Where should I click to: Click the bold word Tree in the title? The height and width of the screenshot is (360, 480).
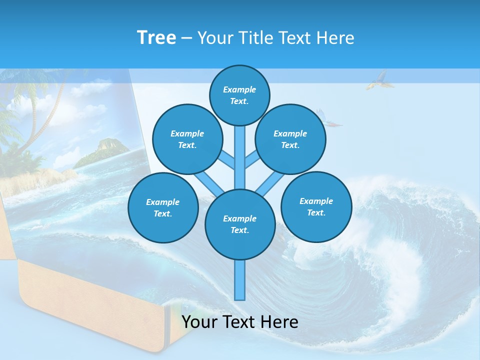click(x=156, y=37)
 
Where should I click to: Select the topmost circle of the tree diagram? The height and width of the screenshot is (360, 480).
click(x=239, y=95)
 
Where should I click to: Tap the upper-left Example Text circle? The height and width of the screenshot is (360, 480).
click(x=187, y=139)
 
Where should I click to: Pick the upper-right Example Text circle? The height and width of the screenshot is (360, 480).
click(x=290, y=139)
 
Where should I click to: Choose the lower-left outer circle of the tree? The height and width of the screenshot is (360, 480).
click(x=162, y=207)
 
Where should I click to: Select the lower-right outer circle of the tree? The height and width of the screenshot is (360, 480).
click(x=316, y=206)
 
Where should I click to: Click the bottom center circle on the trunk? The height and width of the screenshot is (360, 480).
click(x=240, y=224)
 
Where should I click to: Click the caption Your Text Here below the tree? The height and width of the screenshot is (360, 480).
click(x=240, y=322)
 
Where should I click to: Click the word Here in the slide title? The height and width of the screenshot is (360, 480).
click(x=336, y=37)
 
